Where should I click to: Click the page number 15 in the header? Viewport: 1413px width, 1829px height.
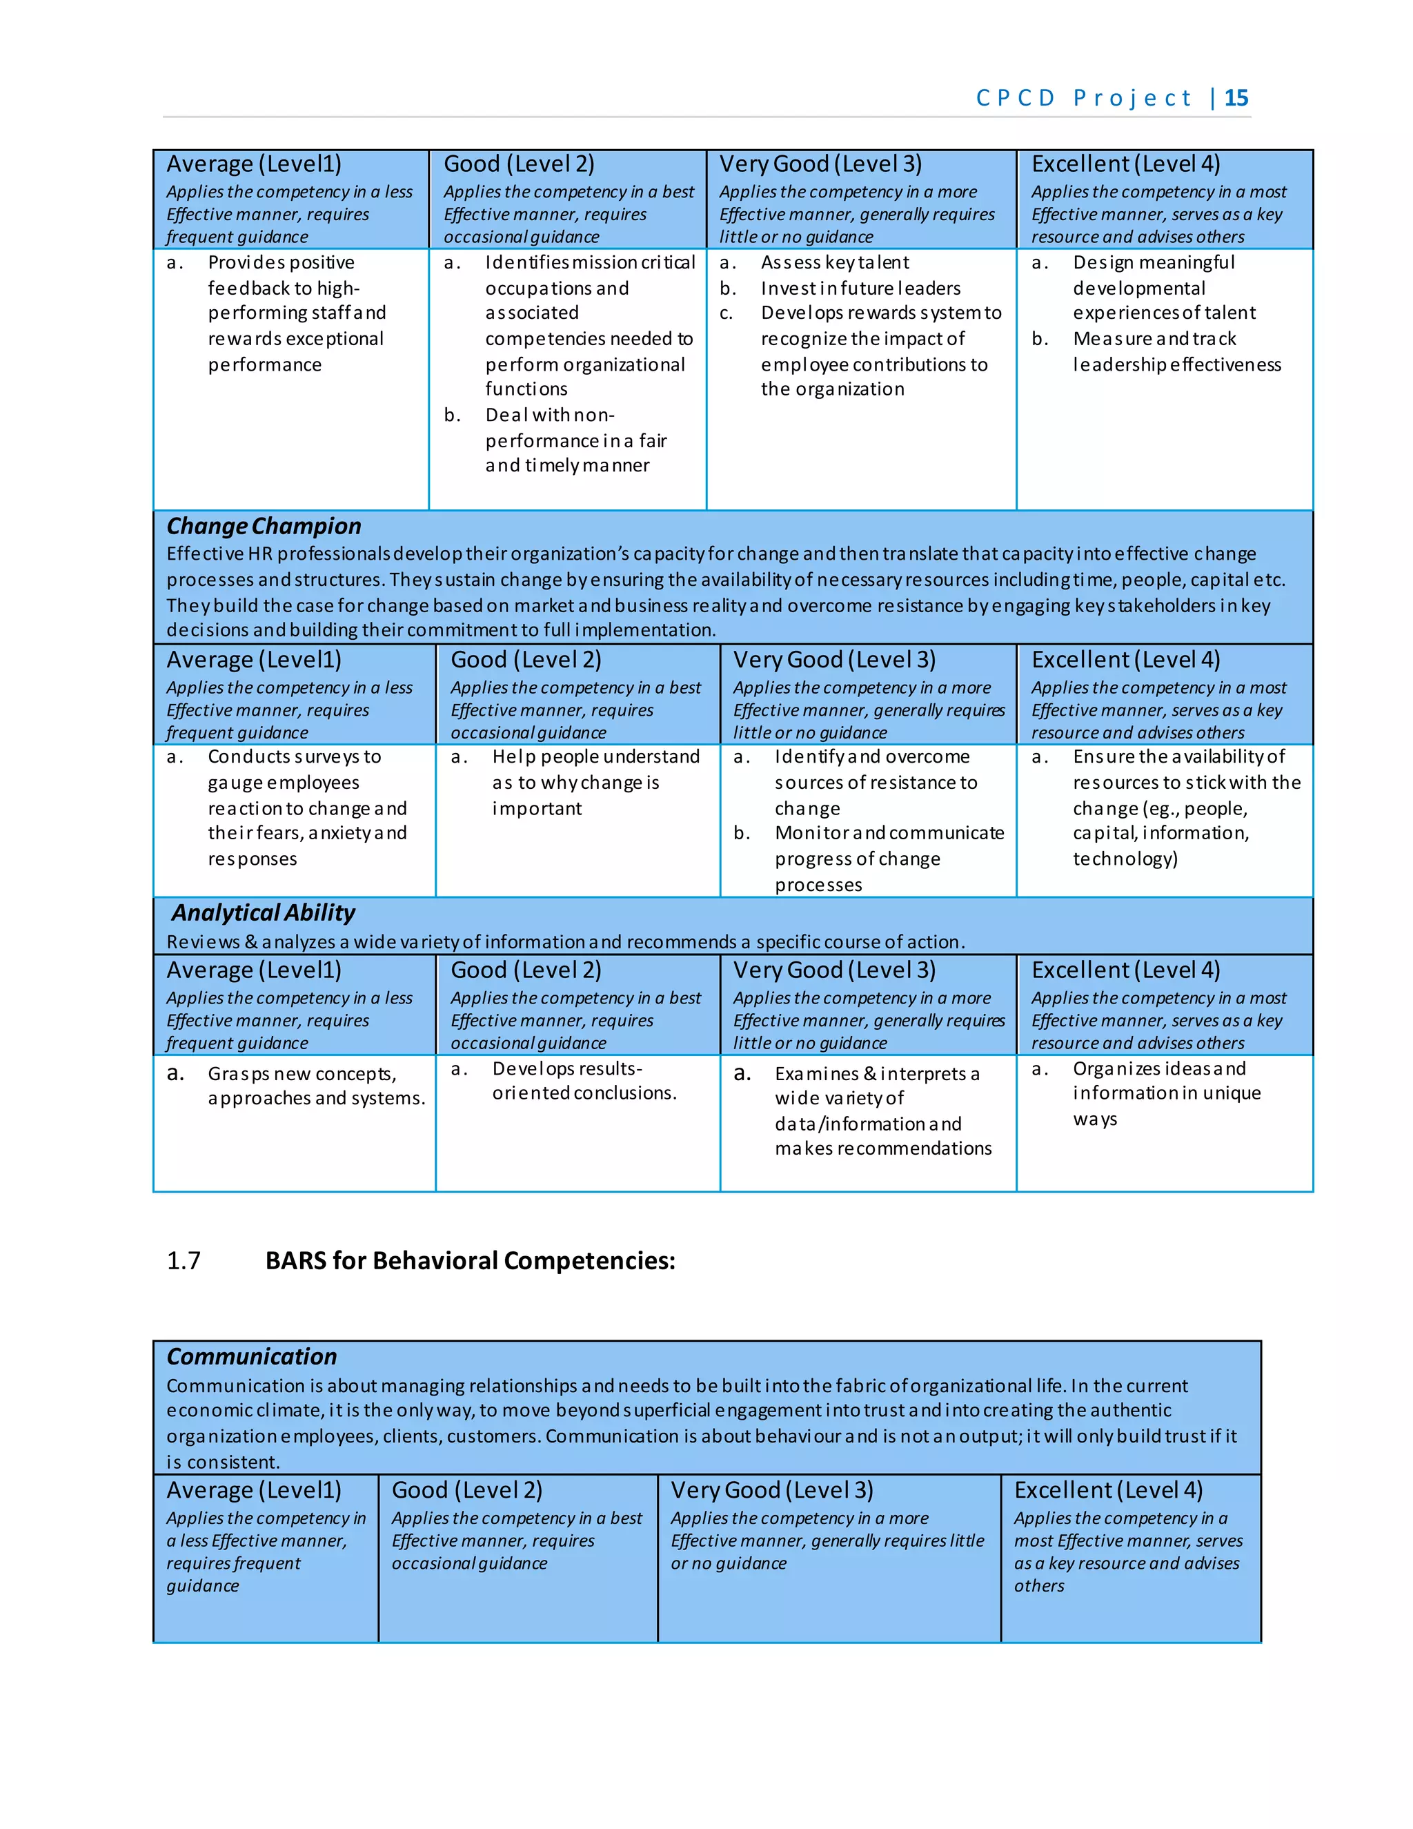click(1236, 98)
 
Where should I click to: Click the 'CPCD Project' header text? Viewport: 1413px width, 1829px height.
click(1083, 98)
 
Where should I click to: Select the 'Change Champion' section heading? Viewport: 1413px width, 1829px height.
click(264, 526)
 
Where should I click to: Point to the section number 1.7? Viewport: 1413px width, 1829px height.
click(184, 1260)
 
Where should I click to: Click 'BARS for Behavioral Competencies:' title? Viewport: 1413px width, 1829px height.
click(470, 1260)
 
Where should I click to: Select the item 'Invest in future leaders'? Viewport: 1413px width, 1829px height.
click(860, 288)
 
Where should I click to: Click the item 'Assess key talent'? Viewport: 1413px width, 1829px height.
click(835, 262)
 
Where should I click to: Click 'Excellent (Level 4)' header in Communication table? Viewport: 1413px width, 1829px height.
click(1107, 1490)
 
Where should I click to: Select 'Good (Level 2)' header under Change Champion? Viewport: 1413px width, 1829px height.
click(526, 660)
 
